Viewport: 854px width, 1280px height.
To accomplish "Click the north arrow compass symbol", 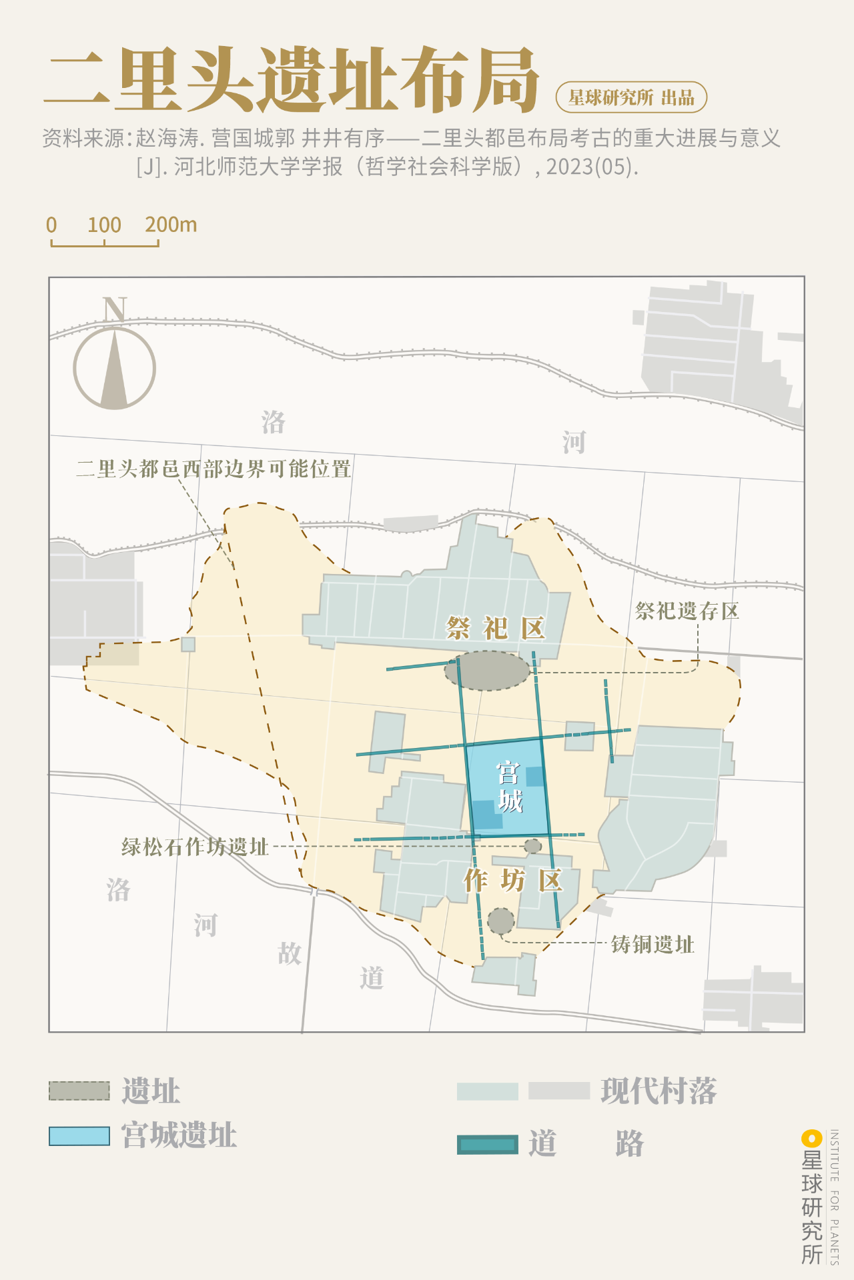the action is coord(114,367).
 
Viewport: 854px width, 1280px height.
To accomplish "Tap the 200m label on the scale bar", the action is coord(171,225).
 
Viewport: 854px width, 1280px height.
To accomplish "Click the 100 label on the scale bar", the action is coord(104,225).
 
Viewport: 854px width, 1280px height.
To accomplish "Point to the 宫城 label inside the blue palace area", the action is coord(509,787).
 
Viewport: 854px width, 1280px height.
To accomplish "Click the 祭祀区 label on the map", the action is coord(496,628).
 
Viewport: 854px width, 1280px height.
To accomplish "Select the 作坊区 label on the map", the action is coord(513,881).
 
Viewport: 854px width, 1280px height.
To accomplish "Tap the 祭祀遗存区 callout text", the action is coord(687,611).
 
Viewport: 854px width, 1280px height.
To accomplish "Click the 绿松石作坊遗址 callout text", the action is coord(195,847).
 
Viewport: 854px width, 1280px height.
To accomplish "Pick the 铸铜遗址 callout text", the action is coord(653,944).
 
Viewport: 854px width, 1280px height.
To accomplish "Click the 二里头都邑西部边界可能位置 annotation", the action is coord(213,469).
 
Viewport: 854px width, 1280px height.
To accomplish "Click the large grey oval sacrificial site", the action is coord(488,671).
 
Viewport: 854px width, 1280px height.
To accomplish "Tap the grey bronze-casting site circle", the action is coord(500,921).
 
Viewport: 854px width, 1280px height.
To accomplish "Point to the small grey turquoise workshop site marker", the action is coord(532,846).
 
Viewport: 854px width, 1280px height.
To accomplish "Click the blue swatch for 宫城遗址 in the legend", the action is coord(79,1136).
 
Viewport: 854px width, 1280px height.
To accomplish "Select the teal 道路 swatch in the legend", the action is coord(488,1144).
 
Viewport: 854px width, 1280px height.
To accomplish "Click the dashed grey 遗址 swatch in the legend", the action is coord(79,1091).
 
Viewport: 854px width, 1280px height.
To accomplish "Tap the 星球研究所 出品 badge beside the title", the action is coord(631,97).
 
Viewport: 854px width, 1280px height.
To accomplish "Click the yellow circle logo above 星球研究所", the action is coord(811,1139).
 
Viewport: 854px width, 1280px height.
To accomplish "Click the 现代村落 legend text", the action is coord(659,1091).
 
